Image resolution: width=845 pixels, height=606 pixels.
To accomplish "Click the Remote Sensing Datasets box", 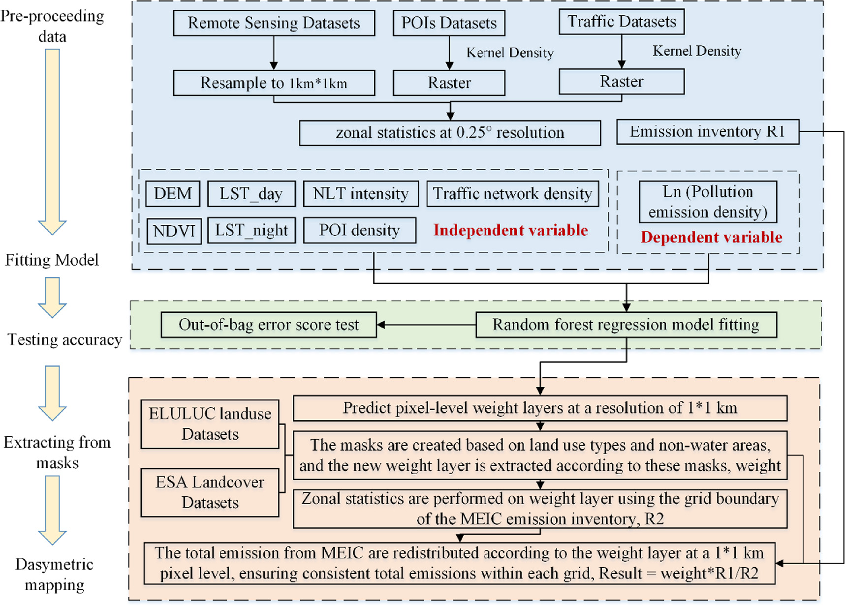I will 274,23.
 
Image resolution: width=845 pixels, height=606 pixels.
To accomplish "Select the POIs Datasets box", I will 449,23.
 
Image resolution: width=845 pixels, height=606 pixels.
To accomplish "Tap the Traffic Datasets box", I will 622,22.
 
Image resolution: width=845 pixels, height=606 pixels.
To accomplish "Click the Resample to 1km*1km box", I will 274,83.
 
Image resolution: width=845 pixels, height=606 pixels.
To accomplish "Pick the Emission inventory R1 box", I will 707,132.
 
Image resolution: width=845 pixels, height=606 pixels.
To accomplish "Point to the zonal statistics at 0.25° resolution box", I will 450,133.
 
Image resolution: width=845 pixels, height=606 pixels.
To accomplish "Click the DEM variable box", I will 173,193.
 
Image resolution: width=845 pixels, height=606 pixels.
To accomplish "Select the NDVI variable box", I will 174,231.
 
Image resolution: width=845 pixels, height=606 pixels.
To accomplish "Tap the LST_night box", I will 251,230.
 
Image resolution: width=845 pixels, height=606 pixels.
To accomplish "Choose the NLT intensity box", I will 361,193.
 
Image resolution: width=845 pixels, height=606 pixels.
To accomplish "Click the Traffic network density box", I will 512,193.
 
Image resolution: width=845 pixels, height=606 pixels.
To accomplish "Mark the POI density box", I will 359,230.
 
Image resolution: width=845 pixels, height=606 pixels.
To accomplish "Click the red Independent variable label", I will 510,230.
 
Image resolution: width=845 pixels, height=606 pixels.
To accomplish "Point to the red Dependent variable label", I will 711,237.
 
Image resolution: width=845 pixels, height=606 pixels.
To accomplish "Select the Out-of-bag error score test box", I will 269,325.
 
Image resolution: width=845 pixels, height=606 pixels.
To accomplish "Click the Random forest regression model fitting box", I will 626,325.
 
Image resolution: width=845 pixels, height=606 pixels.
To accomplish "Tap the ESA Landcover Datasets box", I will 210,492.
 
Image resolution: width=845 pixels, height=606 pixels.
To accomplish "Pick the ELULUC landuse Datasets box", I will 210,424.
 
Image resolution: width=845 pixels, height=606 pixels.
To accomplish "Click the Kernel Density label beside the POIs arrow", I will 510,53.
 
